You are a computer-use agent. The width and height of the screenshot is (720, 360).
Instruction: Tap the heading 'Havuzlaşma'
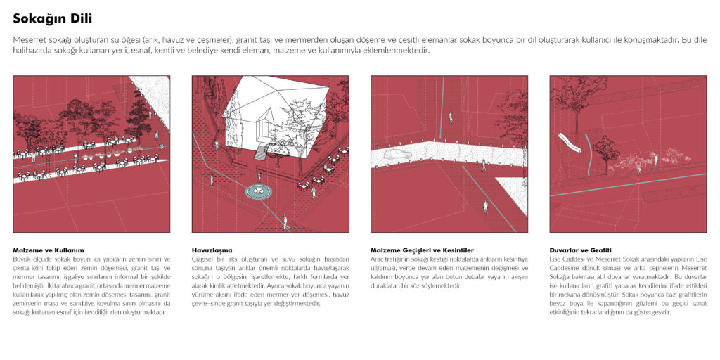212,250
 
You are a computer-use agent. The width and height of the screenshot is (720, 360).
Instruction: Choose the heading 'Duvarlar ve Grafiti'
580,250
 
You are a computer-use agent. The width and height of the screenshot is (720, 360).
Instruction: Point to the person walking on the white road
483,166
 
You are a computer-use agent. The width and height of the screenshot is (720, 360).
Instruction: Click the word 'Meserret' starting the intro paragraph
30,40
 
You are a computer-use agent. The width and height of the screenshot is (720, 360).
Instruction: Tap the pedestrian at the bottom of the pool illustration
285,222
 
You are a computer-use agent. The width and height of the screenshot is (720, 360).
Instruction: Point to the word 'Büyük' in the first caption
22,259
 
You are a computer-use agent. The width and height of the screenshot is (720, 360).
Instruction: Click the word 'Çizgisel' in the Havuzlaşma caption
202,259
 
